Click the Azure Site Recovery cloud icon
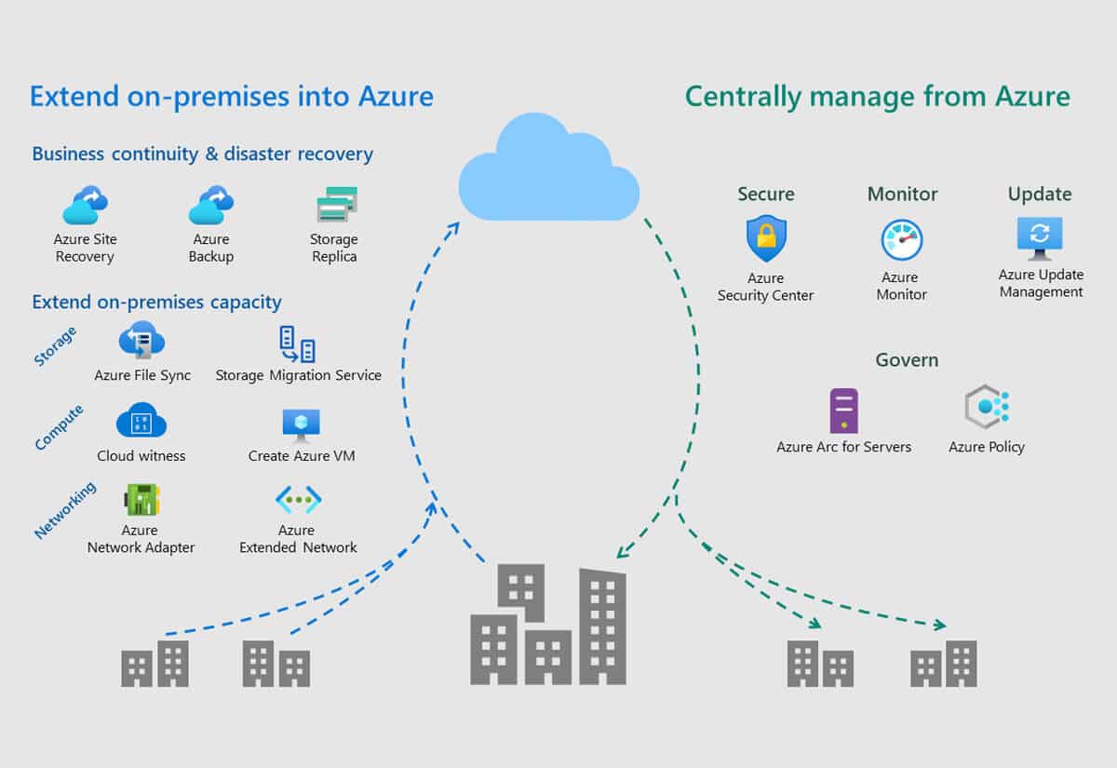86,205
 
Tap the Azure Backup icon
211,205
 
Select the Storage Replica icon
337,204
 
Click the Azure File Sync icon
141,340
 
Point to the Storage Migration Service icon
297,344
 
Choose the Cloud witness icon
141,422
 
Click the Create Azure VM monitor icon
302,425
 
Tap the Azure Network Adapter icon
141,499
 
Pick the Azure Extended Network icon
298,499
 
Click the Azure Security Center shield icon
766,238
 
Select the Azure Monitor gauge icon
902,240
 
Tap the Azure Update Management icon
1040,238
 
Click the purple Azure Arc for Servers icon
843,411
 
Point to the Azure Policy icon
988,407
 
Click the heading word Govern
907,359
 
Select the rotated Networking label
65,510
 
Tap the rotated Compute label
59,427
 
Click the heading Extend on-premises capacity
156,303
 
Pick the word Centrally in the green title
743,97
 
